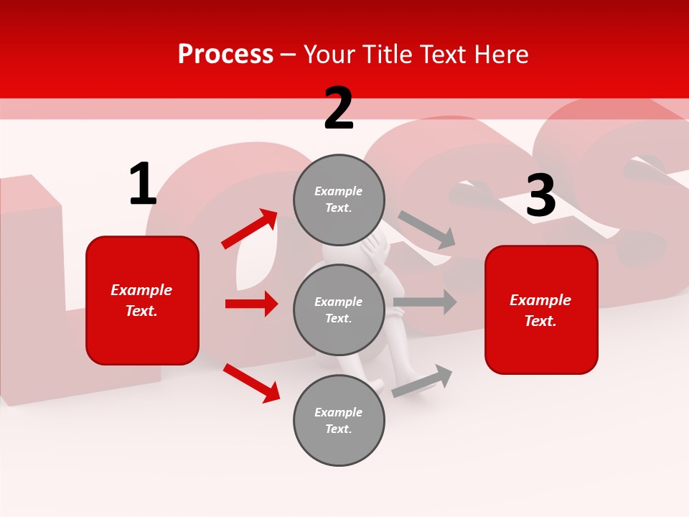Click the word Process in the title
tap(225, 55)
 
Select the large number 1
tap(142, 185)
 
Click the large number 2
tap(339, 109)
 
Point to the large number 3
tap(540, 196)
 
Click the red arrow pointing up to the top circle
tap(250, 229)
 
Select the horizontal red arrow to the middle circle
tap(251, 304)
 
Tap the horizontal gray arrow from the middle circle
tap(425, 302)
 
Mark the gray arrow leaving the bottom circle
tap(423, 381)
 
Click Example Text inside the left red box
tap(141, 300)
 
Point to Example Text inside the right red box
tap(540, 310)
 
